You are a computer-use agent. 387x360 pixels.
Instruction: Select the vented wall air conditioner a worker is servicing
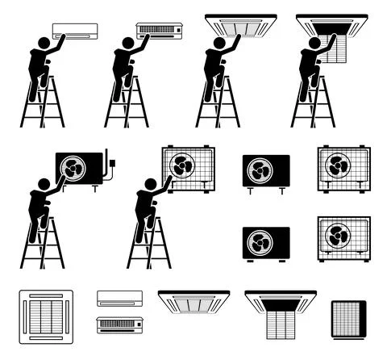click(x=160, y=31)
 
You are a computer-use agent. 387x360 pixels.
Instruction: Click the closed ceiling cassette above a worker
click(x=240, y=23)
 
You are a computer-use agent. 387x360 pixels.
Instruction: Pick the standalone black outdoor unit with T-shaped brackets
click(x=265, y=172)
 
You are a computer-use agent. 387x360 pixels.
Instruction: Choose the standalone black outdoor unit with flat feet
click(x=265, y=243)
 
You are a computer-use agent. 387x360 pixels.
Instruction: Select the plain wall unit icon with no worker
click(x=119, y=298)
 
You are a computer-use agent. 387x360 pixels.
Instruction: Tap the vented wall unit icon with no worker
click(x=119, y=324)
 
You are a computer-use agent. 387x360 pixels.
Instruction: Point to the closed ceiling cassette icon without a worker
click(x=193, y=302)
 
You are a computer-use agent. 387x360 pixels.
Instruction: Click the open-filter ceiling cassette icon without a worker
click(x=280, y=313)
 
